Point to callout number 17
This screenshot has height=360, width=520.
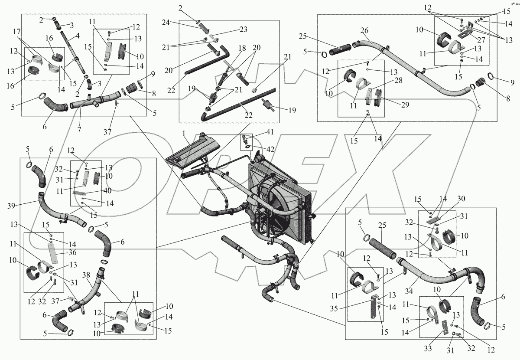pyautogui.click(x=17, y=32)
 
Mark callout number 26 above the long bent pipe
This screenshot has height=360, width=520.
pyautogui.click(x=364, y=30)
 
